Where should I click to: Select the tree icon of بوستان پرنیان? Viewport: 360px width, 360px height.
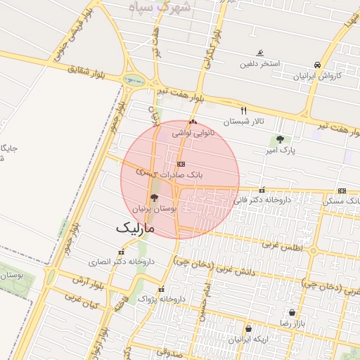point(155,198)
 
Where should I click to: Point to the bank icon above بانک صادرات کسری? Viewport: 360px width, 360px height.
point(181,163)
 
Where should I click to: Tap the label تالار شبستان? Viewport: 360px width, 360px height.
point(244,122)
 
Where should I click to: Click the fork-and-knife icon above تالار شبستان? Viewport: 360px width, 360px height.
point(244,110)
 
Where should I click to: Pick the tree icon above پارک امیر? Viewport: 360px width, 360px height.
point(281,139)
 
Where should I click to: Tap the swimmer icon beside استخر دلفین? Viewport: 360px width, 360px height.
point(260,53)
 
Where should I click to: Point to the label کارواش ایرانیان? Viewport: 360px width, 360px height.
point(319,75)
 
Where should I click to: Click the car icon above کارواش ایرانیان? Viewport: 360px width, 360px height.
point(318,64)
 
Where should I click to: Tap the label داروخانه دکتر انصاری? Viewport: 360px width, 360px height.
point(121,262)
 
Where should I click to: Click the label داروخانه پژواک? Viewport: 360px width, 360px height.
point(162,300)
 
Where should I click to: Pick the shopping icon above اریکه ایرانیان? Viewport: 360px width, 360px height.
point(247,328)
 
